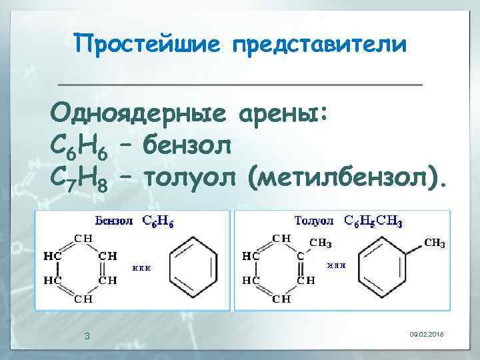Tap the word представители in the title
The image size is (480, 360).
pyautogui.click(x=319, y=45)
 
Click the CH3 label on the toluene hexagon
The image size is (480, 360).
pyautogui.click(x=434, y=243)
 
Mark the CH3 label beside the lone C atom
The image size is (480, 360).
pyautogui.click(x=321, y=243)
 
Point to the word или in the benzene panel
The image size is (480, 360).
pyautogui.click(x=141, y=268)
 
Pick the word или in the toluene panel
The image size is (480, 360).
pyautogui.click(x=335, y=265)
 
